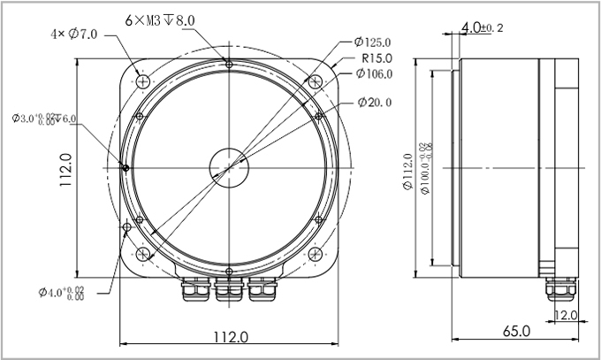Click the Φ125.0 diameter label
coord(373,42)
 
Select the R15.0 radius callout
coord(377,57)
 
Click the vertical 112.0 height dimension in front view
coord(64,169)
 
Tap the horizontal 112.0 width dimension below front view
coord(230,337)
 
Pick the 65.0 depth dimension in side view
coord(516,332)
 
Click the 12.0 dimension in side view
coord(566,315)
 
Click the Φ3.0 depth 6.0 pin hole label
coord(44,119)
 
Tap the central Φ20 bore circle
coord(229,165)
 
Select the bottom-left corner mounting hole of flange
coord(142,256)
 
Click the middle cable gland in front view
coord(229,289)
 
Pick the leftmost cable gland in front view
coord(196,289)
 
